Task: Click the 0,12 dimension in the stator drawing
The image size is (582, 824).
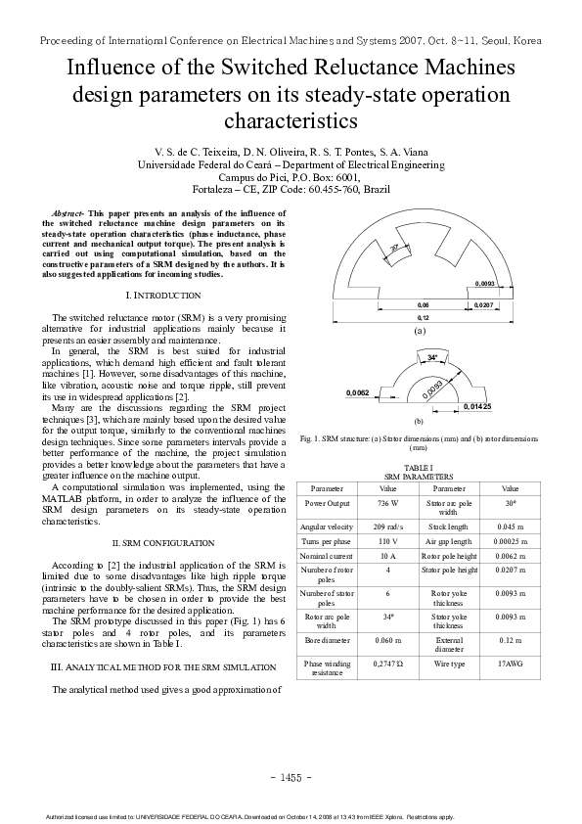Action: coord(423,318)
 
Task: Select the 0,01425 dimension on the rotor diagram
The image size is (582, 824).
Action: coord(476,405)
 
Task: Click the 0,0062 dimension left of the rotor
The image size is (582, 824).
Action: coord(358,392)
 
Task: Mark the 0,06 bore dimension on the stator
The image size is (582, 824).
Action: coord(423,306)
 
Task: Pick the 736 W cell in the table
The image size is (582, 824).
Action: coord(387,502)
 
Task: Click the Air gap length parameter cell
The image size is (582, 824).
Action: coord(448,539)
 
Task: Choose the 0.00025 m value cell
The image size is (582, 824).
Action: coord(510,539)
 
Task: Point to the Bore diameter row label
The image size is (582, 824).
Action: coord(327,641)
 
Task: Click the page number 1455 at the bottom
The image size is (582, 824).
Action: coord(291,777)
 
